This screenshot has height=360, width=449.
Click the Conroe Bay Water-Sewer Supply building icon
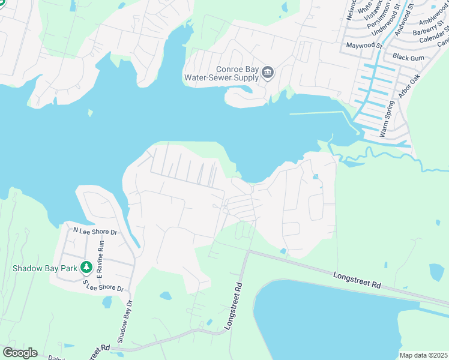coord(268,73)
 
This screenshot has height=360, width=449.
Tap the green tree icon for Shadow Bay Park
coord(86,267)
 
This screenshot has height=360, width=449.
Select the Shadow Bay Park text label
coord(45,268)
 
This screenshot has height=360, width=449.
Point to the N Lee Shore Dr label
coord(94,230)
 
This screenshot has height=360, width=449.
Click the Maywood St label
coord(363,44)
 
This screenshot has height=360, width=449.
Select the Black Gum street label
coord(408,56)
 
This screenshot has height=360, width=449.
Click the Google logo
coord(20,353)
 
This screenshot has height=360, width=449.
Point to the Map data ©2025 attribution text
coord(423,355)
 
